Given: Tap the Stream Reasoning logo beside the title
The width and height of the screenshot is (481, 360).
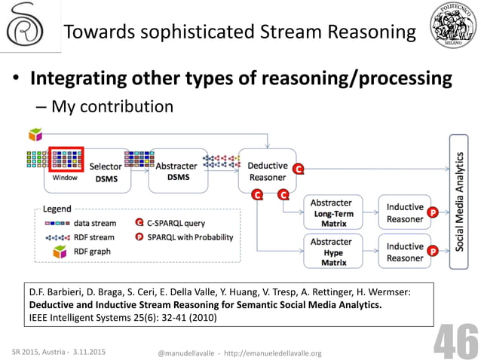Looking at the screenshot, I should (26, 28).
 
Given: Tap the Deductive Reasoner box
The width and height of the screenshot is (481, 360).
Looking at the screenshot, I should (266, 170).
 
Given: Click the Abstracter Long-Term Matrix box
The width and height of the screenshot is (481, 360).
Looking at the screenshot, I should (333, 213).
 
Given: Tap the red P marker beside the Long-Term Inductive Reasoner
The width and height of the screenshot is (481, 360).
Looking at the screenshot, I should (433, 213).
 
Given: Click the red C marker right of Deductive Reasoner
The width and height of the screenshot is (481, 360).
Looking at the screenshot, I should (299, 169).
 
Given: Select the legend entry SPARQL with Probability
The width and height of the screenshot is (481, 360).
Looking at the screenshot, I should (184, 237).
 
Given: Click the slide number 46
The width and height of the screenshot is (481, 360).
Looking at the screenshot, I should (455, 343).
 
